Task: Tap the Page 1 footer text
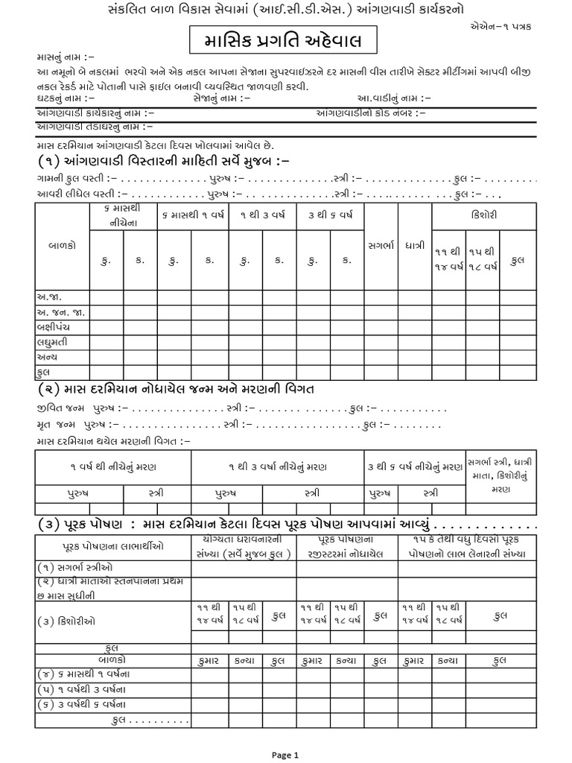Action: [x=285, y=754]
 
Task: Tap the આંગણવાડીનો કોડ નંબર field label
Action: [x=372, y=113]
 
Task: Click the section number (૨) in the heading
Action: [x=48, y=388]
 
